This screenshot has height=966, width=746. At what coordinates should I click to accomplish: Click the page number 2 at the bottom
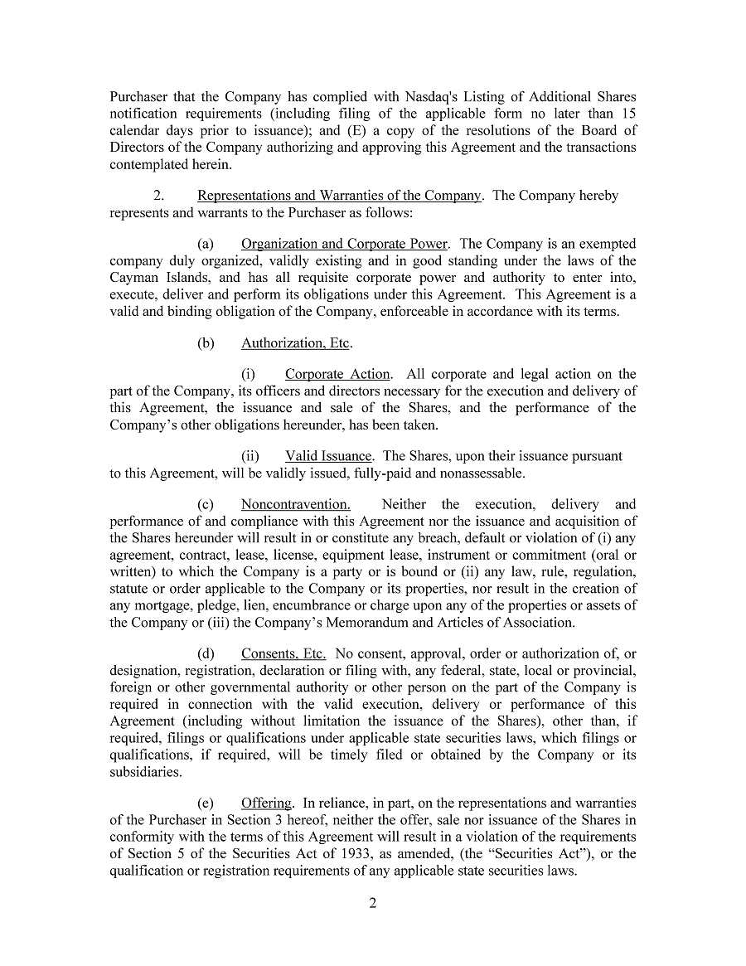[372, 903]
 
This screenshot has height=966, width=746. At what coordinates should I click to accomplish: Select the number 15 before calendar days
[628, 114]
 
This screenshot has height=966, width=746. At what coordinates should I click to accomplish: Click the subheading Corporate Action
[338, 374]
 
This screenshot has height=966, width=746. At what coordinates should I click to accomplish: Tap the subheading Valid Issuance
[328, 456]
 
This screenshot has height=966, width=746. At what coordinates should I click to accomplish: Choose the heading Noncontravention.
[295, 504]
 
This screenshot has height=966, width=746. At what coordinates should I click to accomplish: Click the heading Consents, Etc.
[283, 653]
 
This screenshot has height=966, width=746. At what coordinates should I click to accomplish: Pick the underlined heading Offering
[266, 803]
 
